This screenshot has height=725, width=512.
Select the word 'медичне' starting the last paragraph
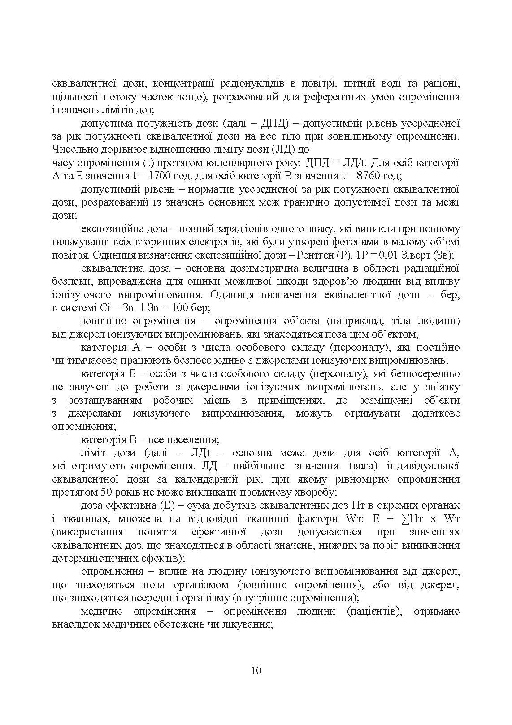click(x=100, y=611)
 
